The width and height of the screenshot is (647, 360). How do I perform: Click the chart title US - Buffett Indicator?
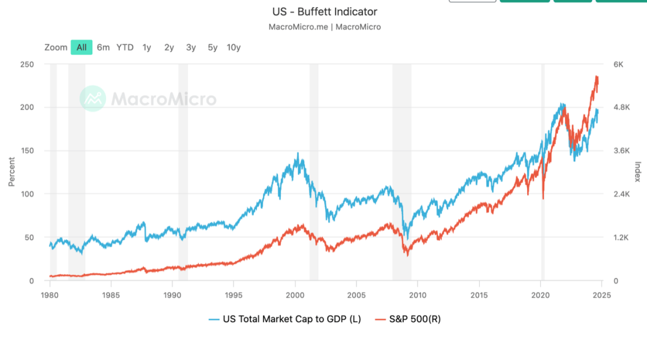(324, 12)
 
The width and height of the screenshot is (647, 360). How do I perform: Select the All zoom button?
(81, 47)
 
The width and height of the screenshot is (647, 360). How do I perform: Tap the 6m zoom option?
(104, 47)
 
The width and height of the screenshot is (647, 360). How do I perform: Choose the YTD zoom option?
(125, 47)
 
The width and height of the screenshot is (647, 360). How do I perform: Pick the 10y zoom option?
(234, 47)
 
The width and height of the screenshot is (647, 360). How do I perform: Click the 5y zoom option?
(213, 47)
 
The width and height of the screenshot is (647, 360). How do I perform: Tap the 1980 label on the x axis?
(50, 295)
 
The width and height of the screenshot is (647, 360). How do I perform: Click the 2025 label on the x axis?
(602, 295)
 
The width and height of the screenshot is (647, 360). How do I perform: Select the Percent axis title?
(11, 173)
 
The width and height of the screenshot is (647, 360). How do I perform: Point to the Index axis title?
(637, 173)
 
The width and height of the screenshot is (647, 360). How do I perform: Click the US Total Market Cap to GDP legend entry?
(285, 319)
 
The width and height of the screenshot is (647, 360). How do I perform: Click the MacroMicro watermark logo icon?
(93, 99)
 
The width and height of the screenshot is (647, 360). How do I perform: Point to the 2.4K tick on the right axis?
(621, 194)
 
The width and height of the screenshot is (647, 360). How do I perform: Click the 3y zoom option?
(191, 47)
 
